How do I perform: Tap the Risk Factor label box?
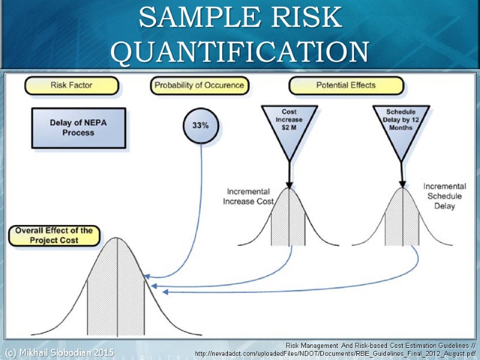click(x=71, y=86)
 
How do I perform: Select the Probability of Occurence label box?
click(x=199, y=86)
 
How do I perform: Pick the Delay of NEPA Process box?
click(x=78, y=128)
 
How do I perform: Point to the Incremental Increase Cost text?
click(x=248, y=196)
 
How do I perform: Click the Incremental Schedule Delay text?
click(x=444, y=196)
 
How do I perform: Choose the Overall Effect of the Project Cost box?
click(x=54, y=235)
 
